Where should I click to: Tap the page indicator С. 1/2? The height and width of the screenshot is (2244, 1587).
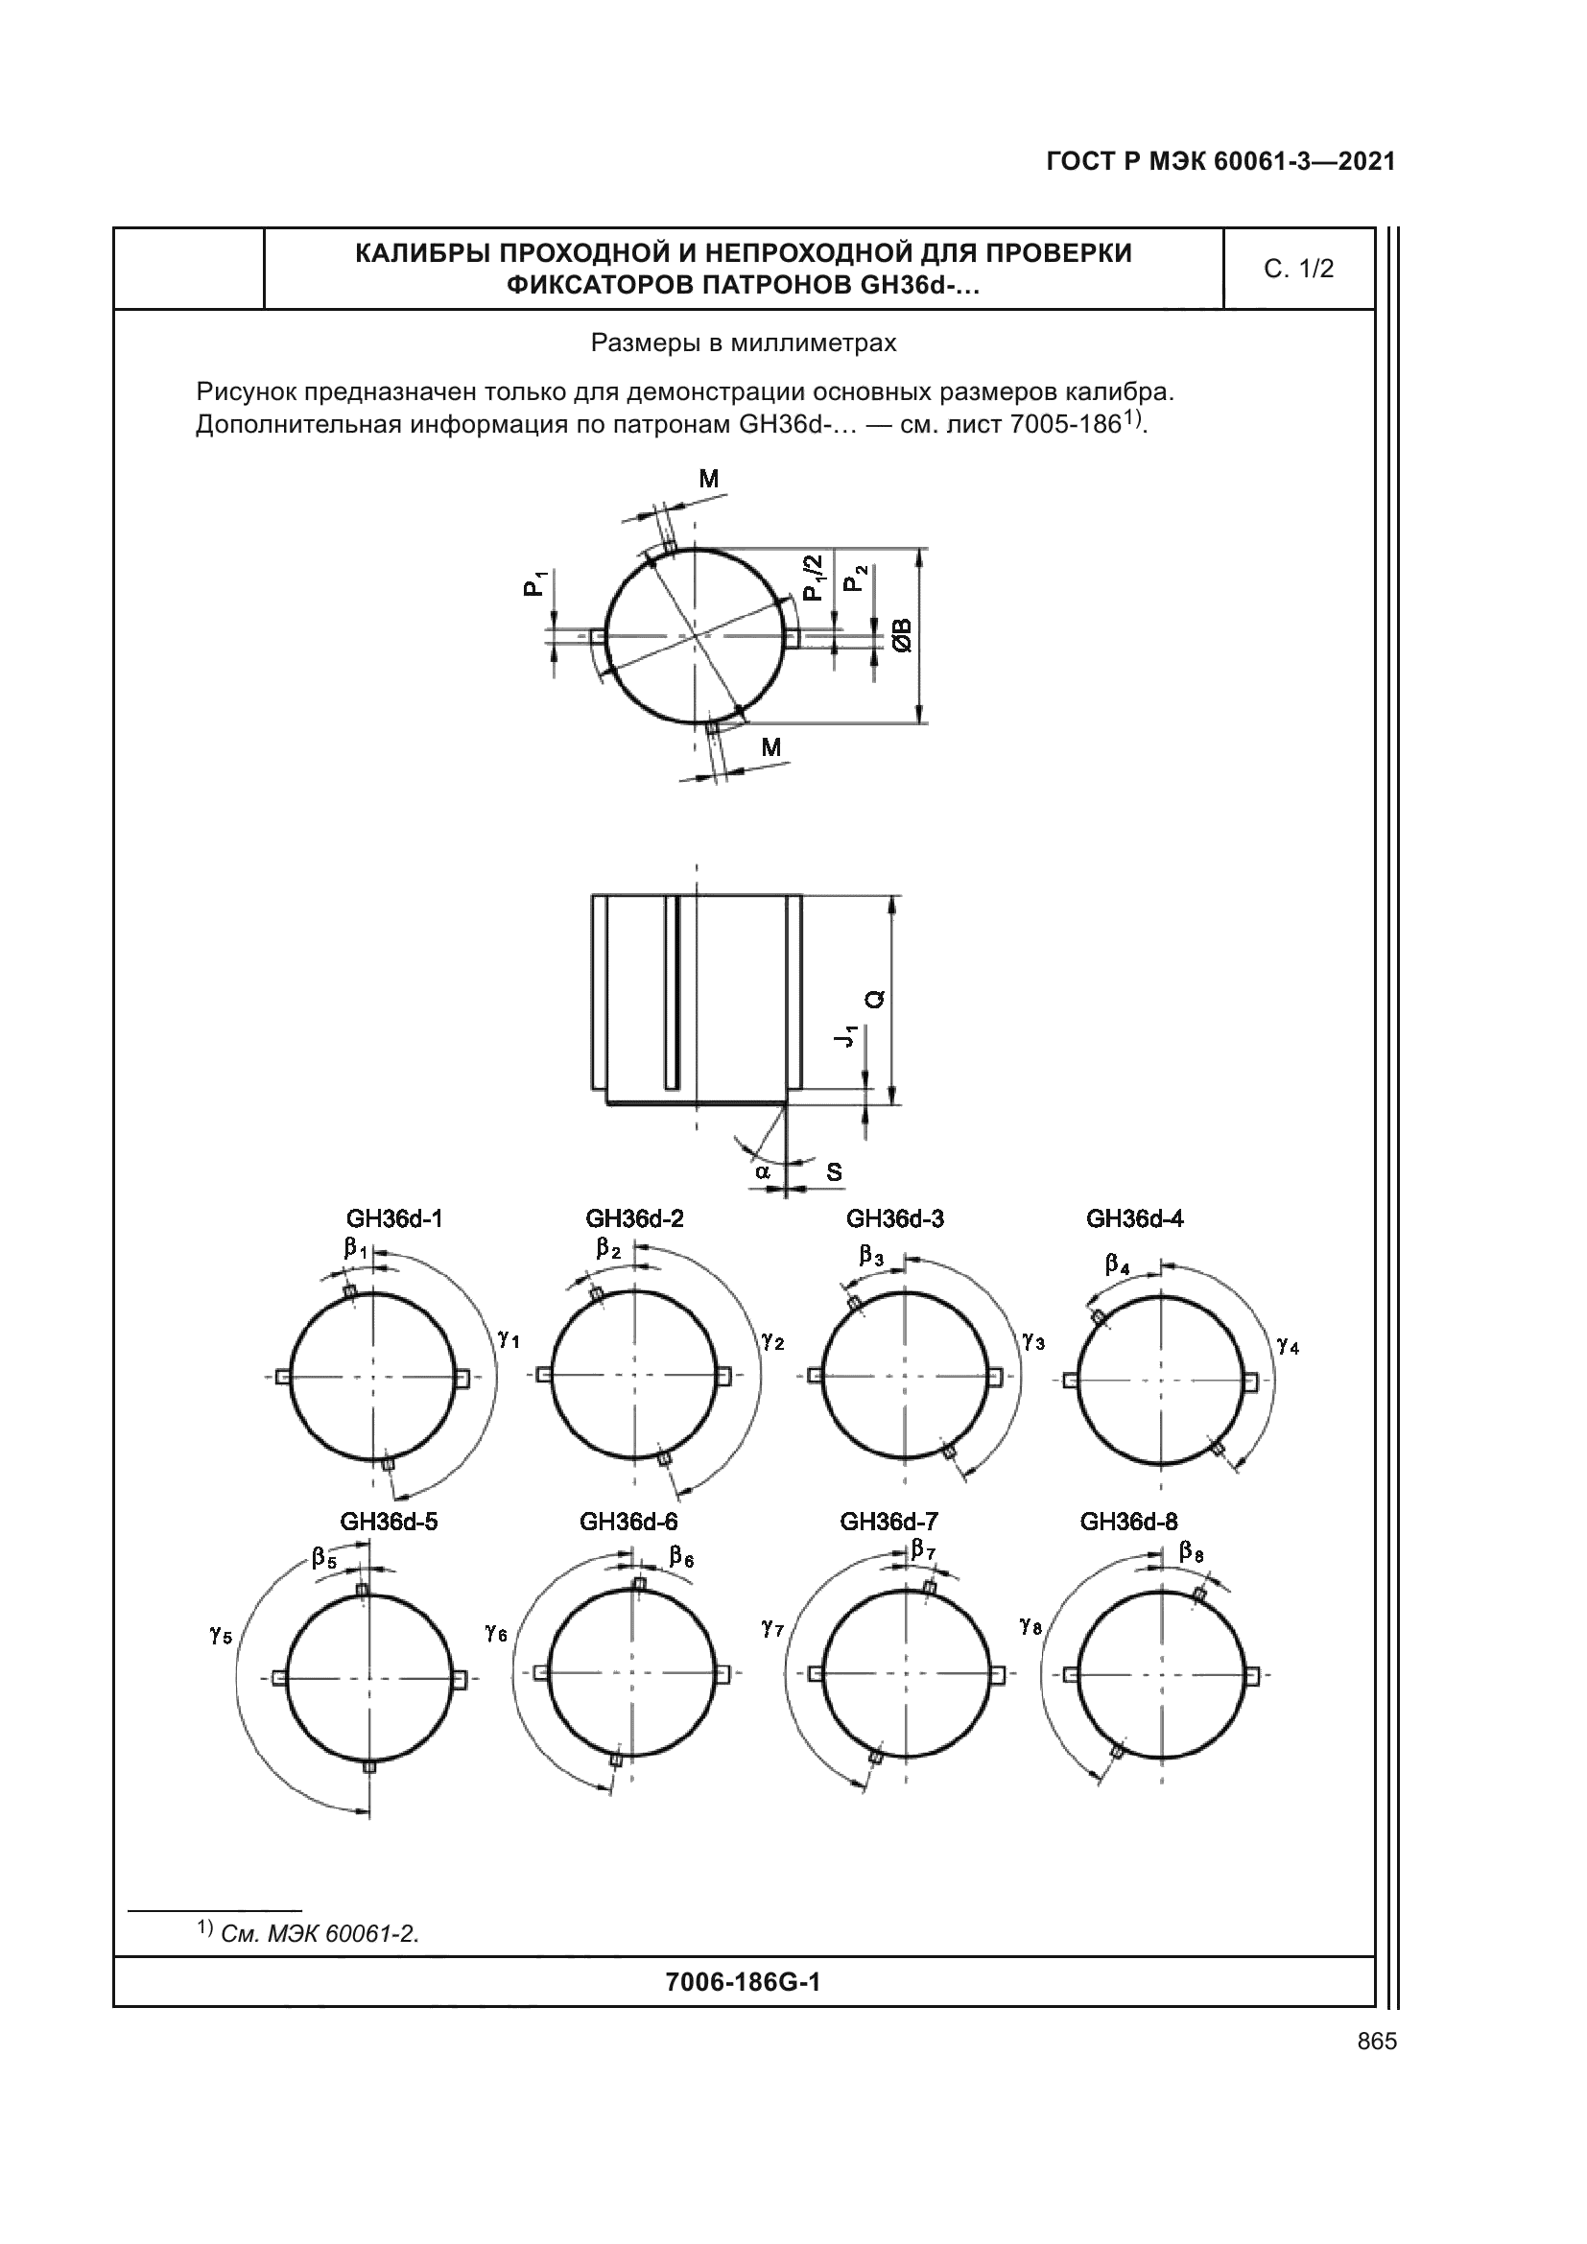click(x=1298, y=270)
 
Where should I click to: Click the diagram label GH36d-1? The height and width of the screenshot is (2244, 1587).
click(x=393, y=1218)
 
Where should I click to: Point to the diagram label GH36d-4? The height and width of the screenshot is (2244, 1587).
click(x=1134, y=1218)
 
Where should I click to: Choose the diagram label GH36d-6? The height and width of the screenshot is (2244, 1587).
click(x=628, y=1522)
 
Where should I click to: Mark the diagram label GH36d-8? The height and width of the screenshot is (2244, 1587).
click(x=1128, y=1522)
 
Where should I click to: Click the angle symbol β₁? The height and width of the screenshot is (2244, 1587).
click(x=355, y=1249)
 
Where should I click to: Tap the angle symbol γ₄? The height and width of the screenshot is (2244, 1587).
click(x=1288, y=1346)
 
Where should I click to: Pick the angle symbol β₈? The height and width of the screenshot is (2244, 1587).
click(x=1192, y=1551)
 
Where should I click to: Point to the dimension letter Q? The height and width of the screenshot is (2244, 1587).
click(x=876, y=999)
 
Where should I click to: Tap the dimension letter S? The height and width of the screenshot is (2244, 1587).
click(x=834, y=1171)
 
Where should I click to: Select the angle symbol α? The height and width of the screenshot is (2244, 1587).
click(x=762, y=1169)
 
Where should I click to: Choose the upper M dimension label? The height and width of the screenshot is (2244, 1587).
click(x=708, y=479)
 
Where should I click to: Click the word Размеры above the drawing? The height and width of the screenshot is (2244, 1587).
click(x=640, y=344)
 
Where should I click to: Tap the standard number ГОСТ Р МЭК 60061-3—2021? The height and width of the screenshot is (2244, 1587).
click(x=1220, y=162)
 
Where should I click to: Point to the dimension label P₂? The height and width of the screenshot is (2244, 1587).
click(x=854, y=579)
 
